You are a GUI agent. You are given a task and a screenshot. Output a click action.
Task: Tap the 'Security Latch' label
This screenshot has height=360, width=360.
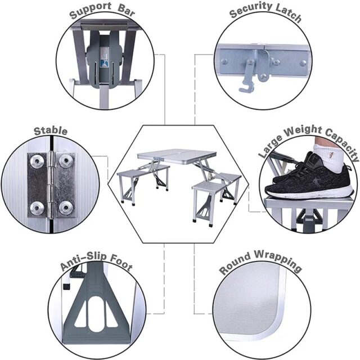265,15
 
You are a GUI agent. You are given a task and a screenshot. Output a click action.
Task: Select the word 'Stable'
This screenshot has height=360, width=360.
51,131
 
